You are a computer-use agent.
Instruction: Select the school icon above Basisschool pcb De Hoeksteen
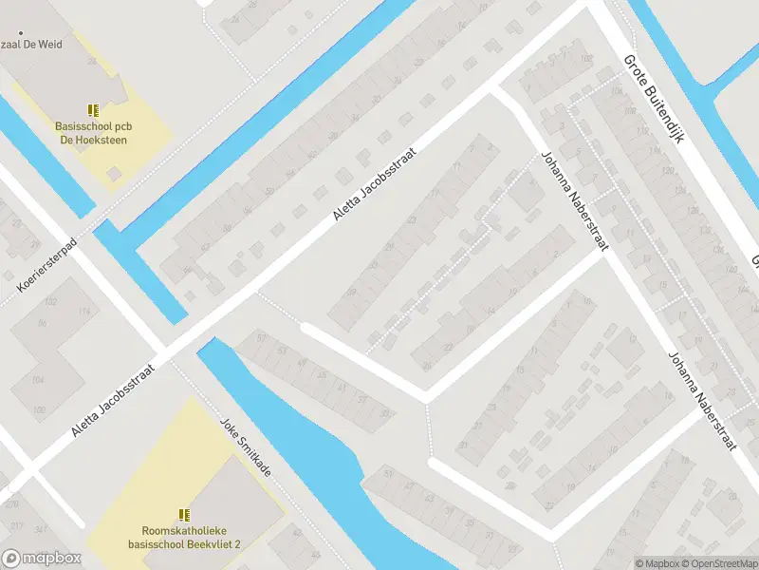coord(92,110)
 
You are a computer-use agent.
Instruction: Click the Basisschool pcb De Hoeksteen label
coord(91,133)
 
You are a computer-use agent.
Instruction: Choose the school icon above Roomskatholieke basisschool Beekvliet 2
coord(185,515)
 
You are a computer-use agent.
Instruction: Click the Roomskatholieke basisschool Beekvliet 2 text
coord(185,539)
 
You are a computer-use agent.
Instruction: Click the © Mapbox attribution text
coord(657,563)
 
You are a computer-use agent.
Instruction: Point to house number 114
coord(86,312)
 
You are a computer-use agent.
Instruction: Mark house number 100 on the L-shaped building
coord(39,410)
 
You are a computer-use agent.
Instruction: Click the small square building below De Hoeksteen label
coord(114,174)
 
